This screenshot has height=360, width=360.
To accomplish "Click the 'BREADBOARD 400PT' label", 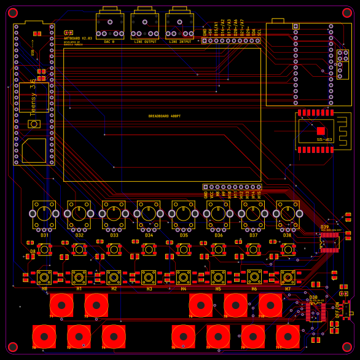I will point(164,116).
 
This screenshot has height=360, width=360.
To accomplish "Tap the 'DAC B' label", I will point(109,42).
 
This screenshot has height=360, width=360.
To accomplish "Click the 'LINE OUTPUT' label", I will point(145,42).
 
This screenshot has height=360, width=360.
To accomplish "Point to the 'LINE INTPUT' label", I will point(180,42).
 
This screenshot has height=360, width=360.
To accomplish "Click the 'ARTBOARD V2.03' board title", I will point(78,38).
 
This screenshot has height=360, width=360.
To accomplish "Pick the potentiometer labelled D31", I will point(44,213).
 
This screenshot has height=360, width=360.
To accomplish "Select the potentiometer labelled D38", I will point(288,213).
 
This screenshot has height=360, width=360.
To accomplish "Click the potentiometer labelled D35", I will point(184,213).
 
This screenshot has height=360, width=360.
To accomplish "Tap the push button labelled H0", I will point(44,277).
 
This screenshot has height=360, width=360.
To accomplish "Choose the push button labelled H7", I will point(288,277).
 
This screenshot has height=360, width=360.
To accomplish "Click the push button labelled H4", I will point(184,277).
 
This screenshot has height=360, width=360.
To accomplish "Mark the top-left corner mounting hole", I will point(13,13).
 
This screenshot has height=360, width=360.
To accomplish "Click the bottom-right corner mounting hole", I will point(347,347).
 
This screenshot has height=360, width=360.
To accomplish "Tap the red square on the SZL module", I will point(320,131).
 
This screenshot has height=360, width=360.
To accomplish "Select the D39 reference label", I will point(324,227).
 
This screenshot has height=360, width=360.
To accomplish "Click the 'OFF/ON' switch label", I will point(337,308).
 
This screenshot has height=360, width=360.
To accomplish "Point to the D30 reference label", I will point(313,297).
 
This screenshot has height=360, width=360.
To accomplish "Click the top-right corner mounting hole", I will point(347,13).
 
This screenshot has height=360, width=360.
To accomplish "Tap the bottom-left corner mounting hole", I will point(13,347).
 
